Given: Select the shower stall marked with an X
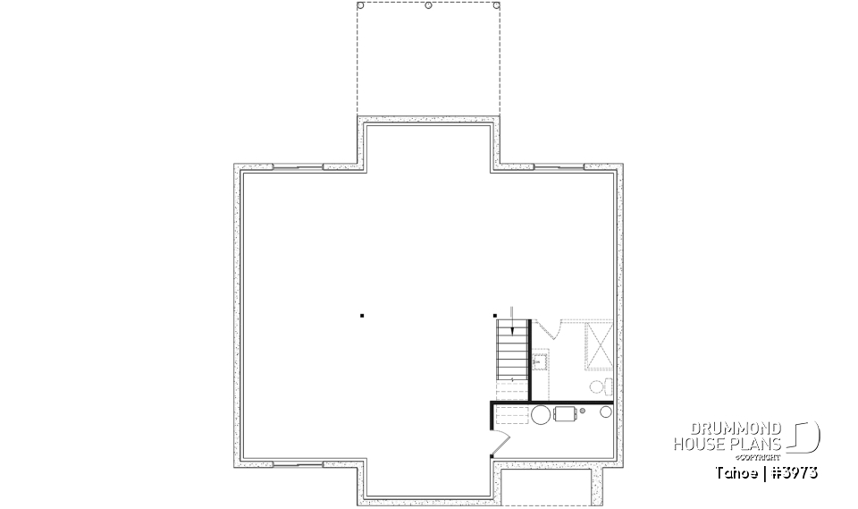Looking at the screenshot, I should [x=598, y=344].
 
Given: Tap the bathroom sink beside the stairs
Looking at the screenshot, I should [x=540, y=362].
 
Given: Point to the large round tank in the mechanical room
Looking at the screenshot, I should [x=542, y=414].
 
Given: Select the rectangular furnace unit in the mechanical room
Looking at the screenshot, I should [x=566, y=413].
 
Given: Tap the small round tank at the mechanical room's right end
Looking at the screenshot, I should [x=606, y=412].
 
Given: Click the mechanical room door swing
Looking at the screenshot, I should [x=500, y=440].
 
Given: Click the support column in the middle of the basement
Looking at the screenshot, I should [x=362, y=315].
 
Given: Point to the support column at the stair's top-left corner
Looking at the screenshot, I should [x=495, y=315].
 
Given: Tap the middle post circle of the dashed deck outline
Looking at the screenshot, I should [x=428, y=5].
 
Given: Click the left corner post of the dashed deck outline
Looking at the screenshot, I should [x=360, y=5].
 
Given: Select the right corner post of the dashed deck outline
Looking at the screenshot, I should [x=496, y=5].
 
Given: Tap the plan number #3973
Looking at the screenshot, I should [x=794, y=471].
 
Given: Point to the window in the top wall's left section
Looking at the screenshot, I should [x=298, y=166].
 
